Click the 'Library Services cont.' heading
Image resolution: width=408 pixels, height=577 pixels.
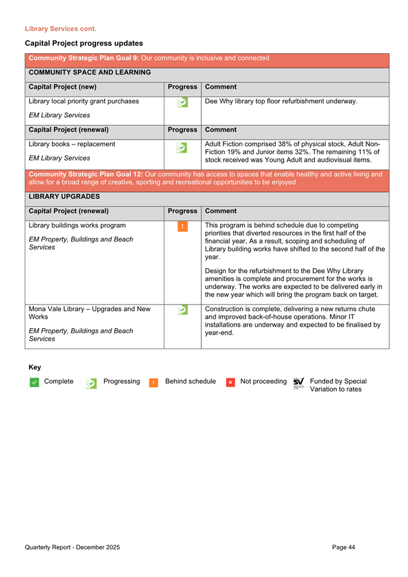[x=60, y=28]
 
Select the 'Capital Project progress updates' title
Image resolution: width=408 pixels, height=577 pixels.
[x=84, y=44]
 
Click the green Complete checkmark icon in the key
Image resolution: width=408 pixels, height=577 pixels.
[x=34, y=382]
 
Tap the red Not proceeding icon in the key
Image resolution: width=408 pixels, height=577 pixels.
[x=230, y=382]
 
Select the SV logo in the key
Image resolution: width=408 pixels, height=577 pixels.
[x=298, y=382]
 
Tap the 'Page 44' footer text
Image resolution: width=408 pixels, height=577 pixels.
[x=343, y=547]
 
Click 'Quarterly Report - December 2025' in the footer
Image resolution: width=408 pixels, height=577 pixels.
[x=73, y=547]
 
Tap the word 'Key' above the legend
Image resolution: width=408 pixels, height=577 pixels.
[x=35, y=367]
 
